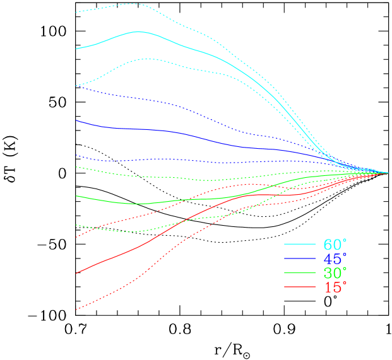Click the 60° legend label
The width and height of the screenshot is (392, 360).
(335, 245)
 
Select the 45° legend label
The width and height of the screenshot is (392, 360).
(335, 259)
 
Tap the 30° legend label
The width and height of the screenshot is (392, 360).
(335, 273)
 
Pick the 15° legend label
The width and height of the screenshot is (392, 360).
(335, 287)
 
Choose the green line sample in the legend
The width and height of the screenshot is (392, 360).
(300, 273)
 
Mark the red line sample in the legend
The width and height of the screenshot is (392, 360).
(300, 287)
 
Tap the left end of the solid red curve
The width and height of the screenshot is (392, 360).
(76, 273)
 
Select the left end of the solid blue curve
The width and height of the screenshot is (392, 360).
(76, 120)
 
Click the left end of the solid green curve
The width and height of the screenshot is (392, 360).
(76, 196)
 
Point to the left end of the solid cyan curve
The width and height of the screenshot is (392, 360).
(76, 49)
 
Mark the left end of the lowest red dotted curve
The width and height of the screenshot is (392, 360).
(76, 310)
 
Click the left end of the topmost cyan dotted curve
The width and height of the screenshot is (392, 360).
(76, 12)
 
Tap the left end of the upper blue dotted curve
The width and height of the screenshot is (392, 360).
(76, 86)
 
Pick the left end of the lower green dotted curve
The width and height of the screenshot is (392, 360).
(76, 225)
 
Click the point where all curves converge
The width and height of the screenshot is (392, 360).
(388, 172)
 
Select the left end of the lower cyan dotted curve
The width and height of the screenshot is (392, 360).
(76, 86)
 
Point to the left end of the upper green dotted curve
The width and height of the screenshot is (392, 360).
(76, 167)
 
